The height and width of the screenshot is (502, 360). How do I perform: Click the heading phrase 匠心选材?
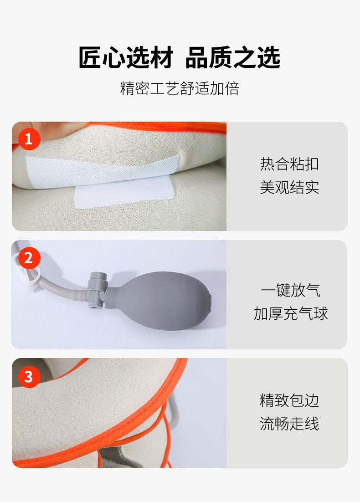(x=126, y=58)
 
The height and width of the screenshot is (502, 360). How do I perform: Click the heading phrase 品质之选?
(x=233, y=58)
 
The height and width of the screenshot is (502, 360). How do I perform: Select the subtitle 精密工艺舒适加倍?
(x=180, y=88)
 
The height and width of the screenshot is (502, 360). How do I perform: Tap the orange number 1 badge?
(x=29, y=139)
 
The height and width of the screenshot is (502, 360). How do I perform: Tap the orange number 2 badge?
(x=29, y=258)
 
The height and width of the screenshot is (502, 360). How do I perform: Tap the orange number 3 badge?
(x=29, y=377)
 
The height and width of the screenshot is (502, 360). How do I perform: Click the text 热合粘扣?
(x=289, y=164)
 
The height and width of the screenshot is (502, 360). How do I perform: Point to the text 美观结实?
(x=289, y=187)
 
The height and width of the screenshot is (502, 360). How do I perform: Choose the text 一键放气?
(x=290, y=290)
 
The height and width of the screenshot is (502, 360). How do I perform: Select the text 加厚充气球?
(x=290, y=313)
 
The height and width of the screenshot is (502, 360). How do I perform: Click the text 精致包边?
(x=289, y=400)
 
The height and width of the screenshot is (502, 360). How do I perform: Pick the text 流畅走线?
(x=289, y=424)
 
